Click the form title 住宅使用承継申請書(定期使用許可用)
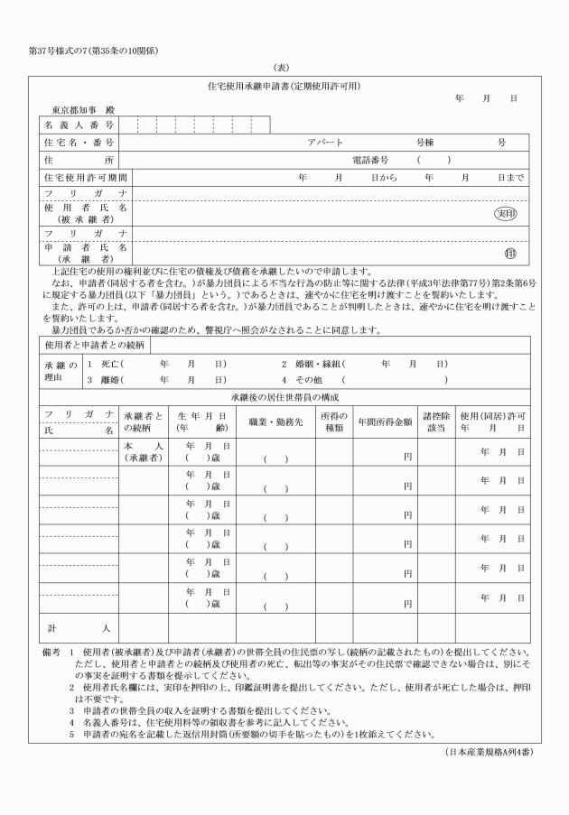284,86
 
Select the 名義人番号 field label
79,125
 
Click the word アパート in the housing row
325,143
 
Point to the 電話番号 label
369,160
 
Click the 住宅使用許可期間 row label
86,178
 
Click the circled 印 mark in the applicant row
510,254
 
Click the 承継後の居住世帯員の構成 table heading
284,398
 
